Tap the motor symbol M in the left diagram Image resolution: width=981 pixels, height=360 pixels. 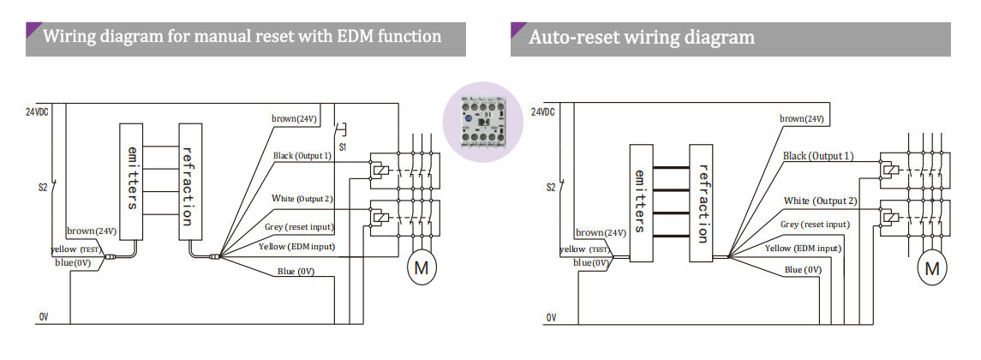click(421, 267)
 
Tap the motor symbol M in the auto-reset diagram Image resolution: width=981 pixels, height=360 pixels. click(932, 268)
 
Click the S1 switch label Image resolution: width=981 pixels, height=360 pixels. click(343, 147)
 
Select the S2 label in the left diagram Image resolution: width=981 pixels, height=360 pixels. click(42, 186)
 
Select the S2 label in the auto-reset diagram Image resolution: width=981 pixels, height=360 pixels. click(551, 187)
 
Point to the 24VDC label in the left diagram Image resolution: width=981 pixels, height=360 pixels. click(38, 112)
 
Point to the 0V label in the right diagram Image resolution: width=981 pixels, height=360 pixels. click(550, 318)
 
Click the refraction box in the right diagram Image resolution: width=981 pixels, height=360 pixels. click(703, 193)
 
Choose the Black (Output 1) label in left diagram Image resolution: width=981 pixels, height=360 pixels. click(302, 156)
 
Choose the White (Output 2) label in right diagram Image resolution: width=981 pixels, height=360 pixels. click(820, 201)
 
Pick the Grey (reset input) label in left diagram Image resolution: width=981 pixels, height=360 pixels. click(299, 227)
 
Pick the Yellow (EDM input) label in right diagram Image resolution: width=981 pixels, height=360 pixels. click(803, 248)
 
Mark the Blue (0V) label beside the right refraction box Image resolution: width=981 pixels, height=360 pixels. click(803, 269)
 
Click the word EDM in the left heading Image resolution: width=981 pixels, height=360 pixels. click(342, 36)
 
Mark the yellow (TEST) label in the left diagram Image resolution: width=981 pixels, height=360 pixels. click(76, 249)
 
